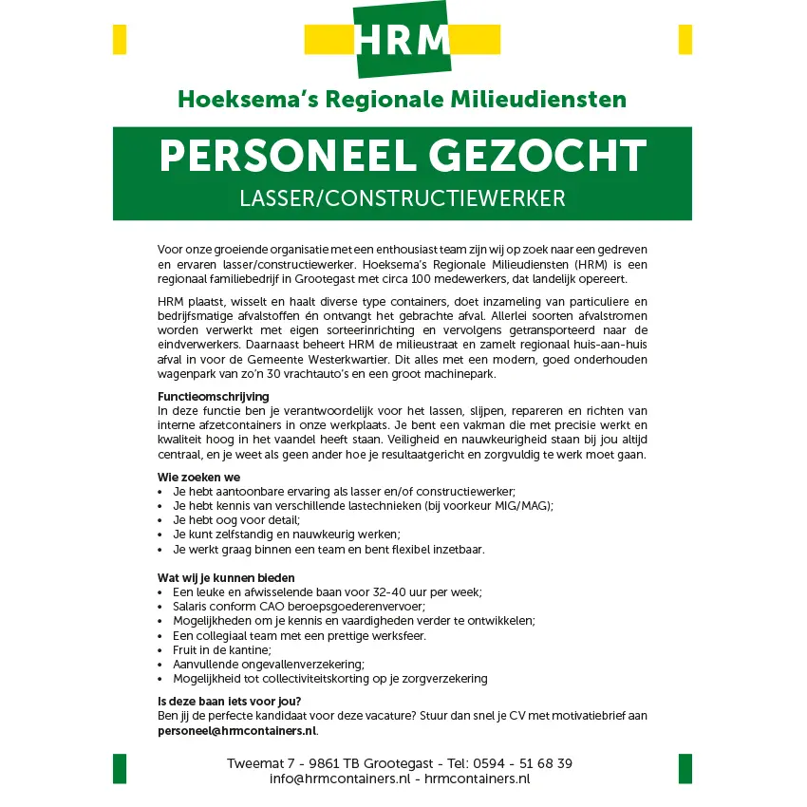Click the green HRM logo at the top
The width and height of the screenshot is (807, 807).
coord(403,40)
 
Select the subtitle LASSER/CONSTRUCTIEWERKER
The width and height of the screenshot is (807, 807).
coord(403,198)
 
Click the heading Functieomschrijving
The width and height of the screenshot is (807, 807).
coord(213,396)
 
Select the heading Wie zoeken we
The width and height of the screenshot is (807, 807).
coord(198,477)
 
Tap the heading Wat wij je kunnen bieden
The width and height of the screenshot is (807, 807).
coord(226,577)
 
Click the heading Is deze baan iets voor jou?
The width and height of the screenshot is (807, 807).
coord(229,702)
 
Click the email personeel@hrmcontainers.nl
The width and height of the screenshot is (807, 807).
coord(236,731)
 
